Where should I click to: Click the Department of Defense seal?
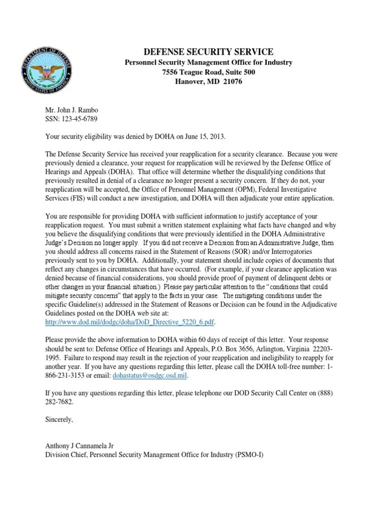[x=47, y=73]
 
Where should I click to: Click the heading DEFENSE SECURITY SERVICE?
[x=208, y=52]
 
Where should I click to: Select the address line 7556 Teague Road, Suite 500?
[x=208, y=72]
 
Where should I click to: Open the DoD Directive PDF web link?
[x=132, y=322]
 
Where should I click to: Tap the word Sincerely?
[x=60, y=419]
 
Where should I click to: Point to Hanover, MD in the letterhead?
[x=194, y=82]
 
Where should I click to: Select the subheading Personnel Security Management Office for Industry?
[x=208, y=63]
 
